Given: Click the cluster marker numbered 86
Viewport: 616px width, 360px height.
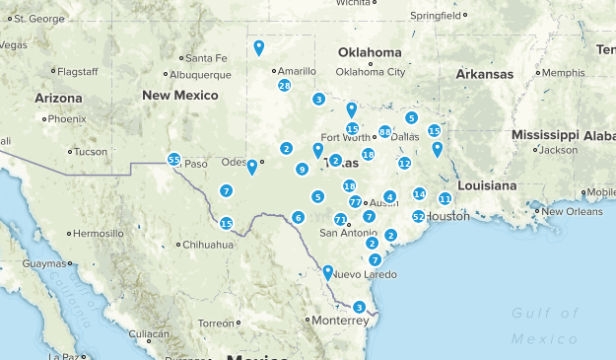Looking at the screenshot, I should pos(384,131).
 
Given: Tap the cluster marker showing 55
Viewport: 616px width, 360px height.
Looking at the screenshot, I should pos(173,159).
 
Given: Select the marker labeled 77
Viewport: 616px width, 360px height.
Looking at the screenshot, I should pos(355,201).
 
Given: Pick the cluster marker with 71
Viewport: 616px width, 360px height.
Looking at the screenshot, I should pos(340,220).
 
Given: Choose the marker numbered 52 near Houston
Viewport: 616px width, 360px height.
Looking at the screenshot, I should pos(419,216).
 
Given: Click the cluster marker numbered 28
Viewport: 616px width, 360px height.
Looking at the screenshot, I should pos(284,86).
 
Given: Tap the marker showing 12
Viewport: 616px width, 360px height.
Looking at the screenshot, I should pos(404,163).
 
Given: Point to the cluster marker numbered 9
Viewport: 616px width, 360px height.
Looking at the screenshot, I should pos(302,170).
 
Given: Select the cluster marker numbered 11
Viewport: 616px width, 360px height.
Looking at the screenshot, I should pos(445,198).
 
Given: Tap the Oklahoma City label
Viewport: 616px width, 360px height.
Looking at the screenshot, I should pos(371,71).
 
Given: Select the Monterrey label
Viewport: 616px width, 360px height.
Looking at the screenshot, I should pos(338,321).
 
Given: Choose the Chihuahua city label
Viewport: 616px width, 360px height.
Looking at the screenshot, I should pos(206,244).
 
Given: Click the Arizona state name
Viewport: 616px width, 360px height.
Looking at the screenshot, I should pos(61,98).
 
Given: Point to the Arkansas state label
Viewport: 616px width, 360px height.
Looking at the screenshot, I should pos(484,74).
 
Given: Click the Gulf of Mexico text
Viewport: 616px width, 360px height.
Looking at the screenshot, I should pos(545,325).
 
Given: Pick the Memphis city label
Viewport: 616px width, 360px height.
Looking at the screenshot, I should pos(563,72).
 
